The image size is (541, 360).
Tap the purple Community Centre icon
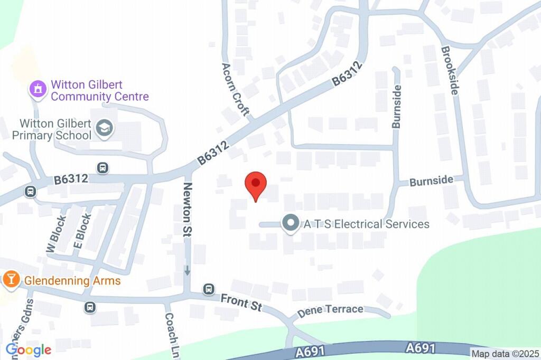click(x=38, y=89)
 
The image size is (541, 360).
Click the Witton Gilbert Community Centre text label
click(x=99, y=91)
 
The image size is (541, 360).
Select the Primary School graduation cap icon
click(x=105, y=128)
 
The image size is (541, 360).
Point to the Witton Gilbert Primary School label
click(x=55, y=129)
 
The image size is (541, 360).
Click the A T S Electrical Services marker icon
click(x=290, y=224)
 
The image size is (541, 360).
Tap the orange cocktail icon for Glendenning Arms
click(x=10, y=280)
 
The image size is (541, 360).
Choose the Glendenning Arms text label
click(x=72, y=281)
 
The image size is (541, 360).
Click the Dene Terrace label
click(x=330, y=310)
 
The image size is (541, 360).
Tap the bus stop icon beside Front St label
click(x=209, y=289)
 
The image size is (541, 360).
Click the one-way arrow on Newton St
click(x=187, y=270)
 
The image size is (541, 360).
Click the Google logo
click(x=29, y=349)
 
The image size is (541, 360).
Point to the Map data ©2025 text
click(x=505, y=354)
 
